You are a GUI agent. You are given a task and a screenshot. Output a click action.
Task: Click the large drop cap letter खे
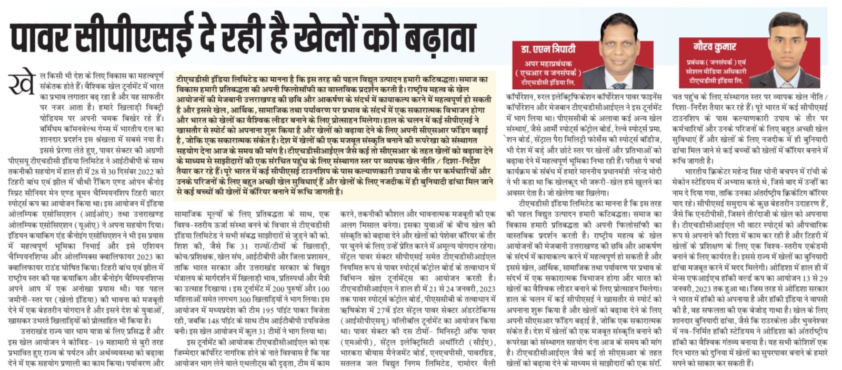point(22,84)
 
